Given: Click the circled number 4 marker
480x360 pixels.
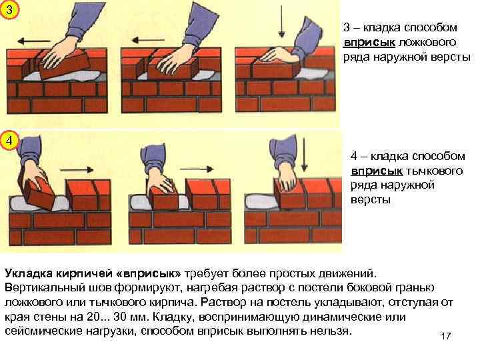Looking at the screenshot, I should click(9, 141).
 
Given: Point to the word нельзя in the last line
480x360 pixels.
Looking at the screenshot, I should click(332, 331).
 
